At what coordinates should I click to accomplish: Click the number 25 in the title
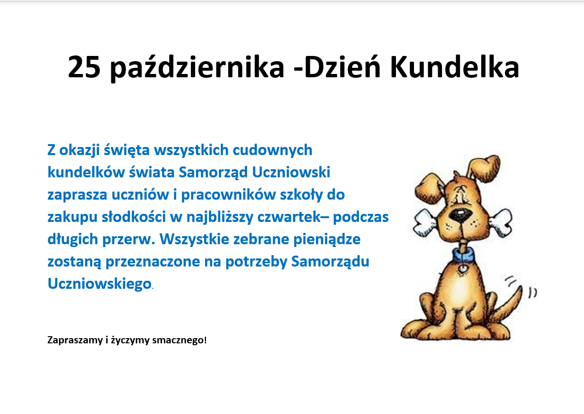(x=84, y=67)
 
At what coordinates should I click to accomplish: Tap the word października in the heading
(x=197, y=68)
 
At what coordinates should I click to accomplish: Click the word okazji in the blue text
(x=80, y=151)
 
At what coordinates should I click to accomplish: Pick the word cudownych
(x=272, y=150)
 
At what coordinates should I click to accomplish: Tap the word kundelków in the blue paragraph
(x=86, y=172)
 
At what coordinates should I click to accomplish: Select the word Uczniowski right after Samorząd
(x=291, y=172)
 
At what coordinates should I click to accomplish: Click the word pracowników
(x=228, y=195)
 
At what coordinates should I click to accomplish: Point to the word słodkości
(x=134, y=217)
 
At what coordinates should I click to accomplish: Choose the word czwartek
(x=289, y=217)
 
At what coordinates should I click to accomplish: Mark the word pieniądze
(x=327, y=239)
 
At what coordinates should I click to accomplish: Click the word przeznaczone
(x=153, y=262)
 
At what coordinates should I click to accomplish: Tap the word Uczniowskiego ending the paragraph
(x=99, y=284)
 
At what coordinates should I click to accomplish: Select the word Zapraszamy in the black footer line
(x=75, y=340)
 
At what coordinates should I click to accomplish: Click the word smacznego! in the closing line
(x=180, y=340)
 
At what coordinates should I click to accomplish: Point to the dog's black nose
(x=461, y=216)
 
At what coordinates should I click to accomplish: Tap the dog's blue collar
(x=464, y=256)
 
